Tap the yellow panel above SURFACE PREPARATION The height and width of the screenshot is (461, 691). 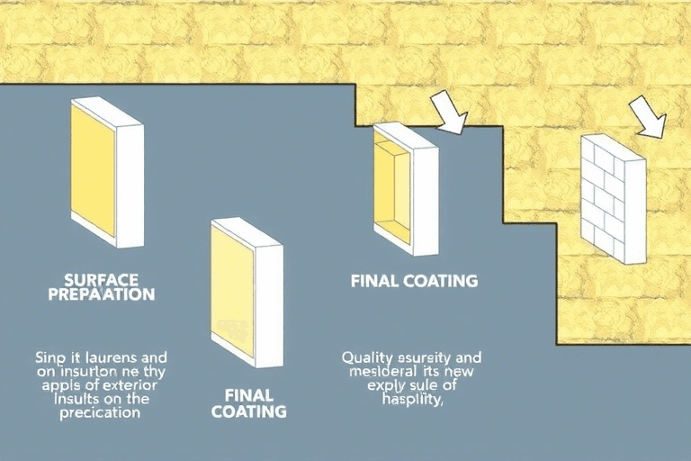105,172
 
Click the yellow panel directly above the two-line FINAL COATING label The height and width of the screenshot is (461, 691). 246,290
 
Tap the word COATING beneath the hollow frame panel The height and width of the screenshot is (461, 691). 435,281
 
